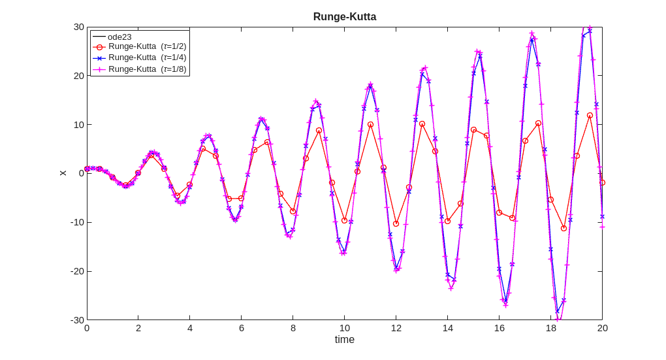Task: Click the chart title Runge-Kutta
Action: coord(344,17)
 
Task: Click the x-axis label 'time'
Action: coord(344,340)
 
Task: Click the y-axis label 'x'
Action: coord(63,173)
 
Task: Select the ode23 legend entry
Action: coord(119,37)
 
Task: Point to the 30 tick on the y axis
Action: coord(78,27)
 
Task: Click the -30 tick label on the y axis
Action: coord(77,320)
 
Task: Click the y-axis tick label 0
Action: coord(81,173)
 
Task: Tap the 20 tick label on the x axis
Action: coord(602,328)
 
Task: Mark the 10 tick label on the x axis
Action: coord(344,328)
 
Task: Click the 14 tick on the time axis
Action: coord(447,328)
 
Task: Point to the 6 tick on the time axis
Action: coord(241,328)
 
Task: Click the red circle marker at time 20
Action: coord(602,183)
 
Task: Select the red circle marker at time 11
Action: coord(370,124)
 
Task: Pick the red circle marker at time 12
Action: coord(396,223)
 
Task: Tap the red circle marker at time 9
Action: coord(319,131)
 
